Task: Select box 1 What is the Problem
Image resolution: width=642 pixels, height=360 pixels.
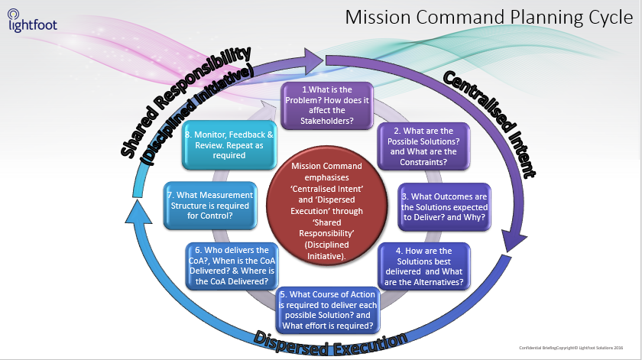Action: click(x=326, y=105)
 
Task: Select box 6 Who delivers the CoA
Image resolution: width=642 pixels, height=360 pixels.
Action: click(x=231, y=264)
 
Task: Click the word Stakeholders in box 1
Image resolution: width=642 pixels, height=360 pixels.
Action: click(x=326, y=120)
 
